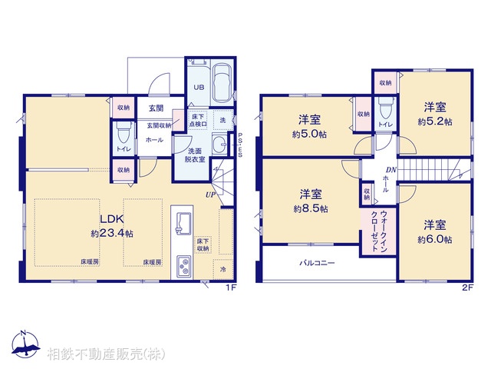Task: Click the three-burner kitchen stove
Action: pyautogui.click(x=184, y=265)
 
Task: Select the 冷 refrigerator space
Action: pyautogui.click(x=223, y=269)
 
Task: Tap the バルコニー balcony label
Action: pyautogui.click(x=317, y=263)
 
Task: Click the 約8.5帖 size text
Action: pyautogui.click(x=310, y=208)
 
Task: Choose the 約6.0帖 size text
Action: pyautogui.click(x=434, y=240)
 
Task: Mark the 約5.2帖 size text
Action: pyautogui.click(x=434, y=121)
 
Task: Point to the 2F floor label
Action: pyautogui.click(x=466, y=288)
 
